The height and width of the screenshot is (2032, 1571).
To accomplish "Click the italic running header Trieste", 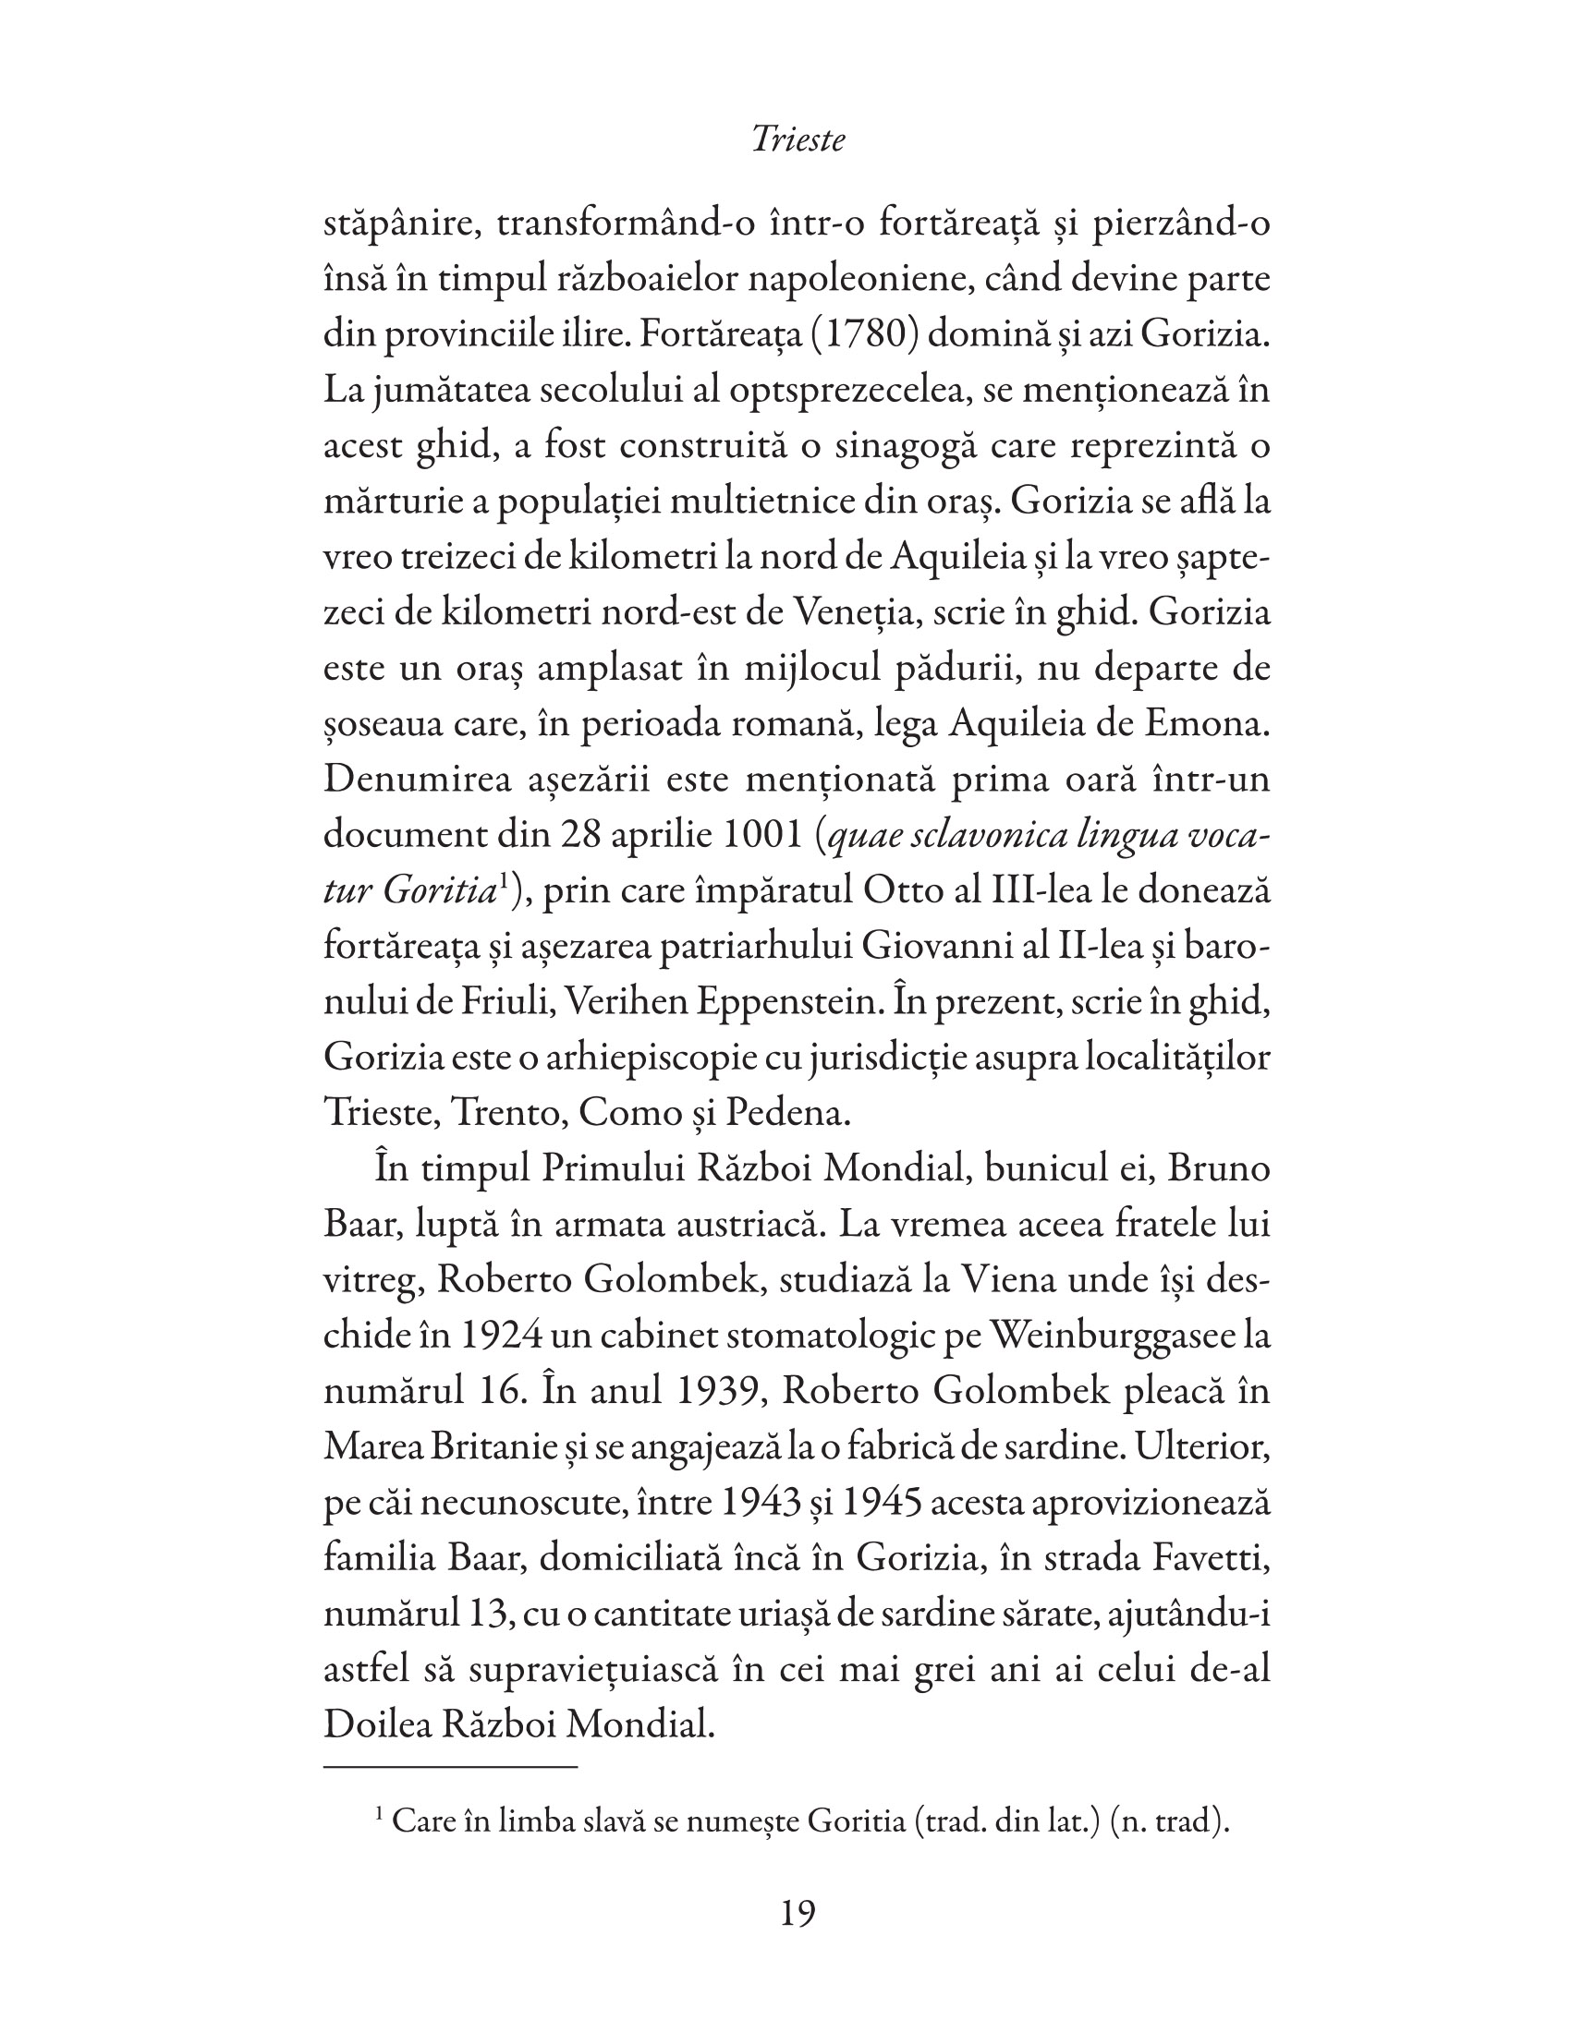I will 798,139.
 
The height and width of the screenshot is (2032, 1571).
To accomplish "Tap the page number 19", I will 798,1913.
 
